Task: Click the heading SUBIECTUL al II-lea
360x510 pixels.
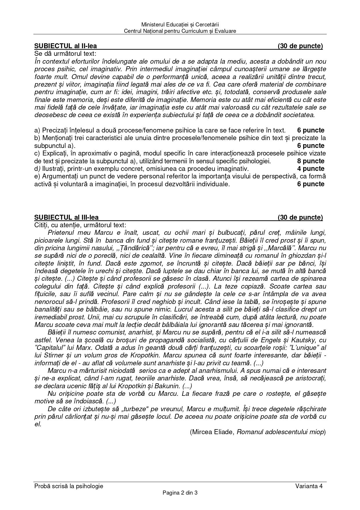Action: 65,46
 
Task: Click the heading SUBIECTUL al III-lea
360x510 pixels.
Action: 66,217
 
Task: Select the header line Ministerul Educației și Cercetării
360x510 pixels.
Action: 180,25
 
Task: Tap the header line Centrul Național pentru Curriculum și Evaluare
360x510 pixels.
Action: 180,31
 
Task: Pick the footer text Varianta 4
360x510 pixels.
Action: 309,486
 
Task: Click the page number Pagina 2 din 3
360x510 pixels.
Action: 180,493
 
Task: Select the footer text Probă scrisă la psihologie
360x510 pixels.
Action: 69,486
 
